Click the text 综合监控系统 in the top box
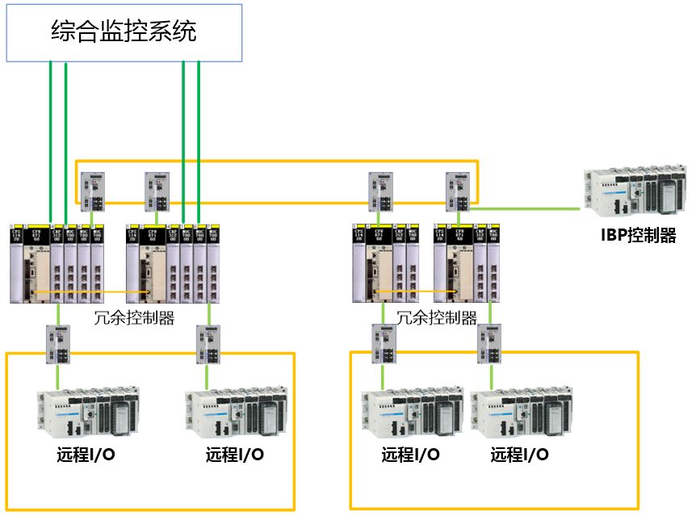pos(124,33)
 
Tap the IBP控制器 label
pos(638,237)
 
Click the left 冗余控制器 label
pos(135,317)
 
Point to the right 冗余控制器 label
pos(436,317)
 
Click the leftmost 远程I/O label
pos(86,455)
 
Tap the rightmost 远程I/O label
pos(519,455)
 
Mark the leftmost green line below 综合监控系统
pos(51,137)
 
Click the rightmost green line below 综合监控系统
pos(199,137)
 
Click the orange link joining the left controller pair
pos(89,292)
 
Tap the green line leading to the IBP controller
pos(525,208)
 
